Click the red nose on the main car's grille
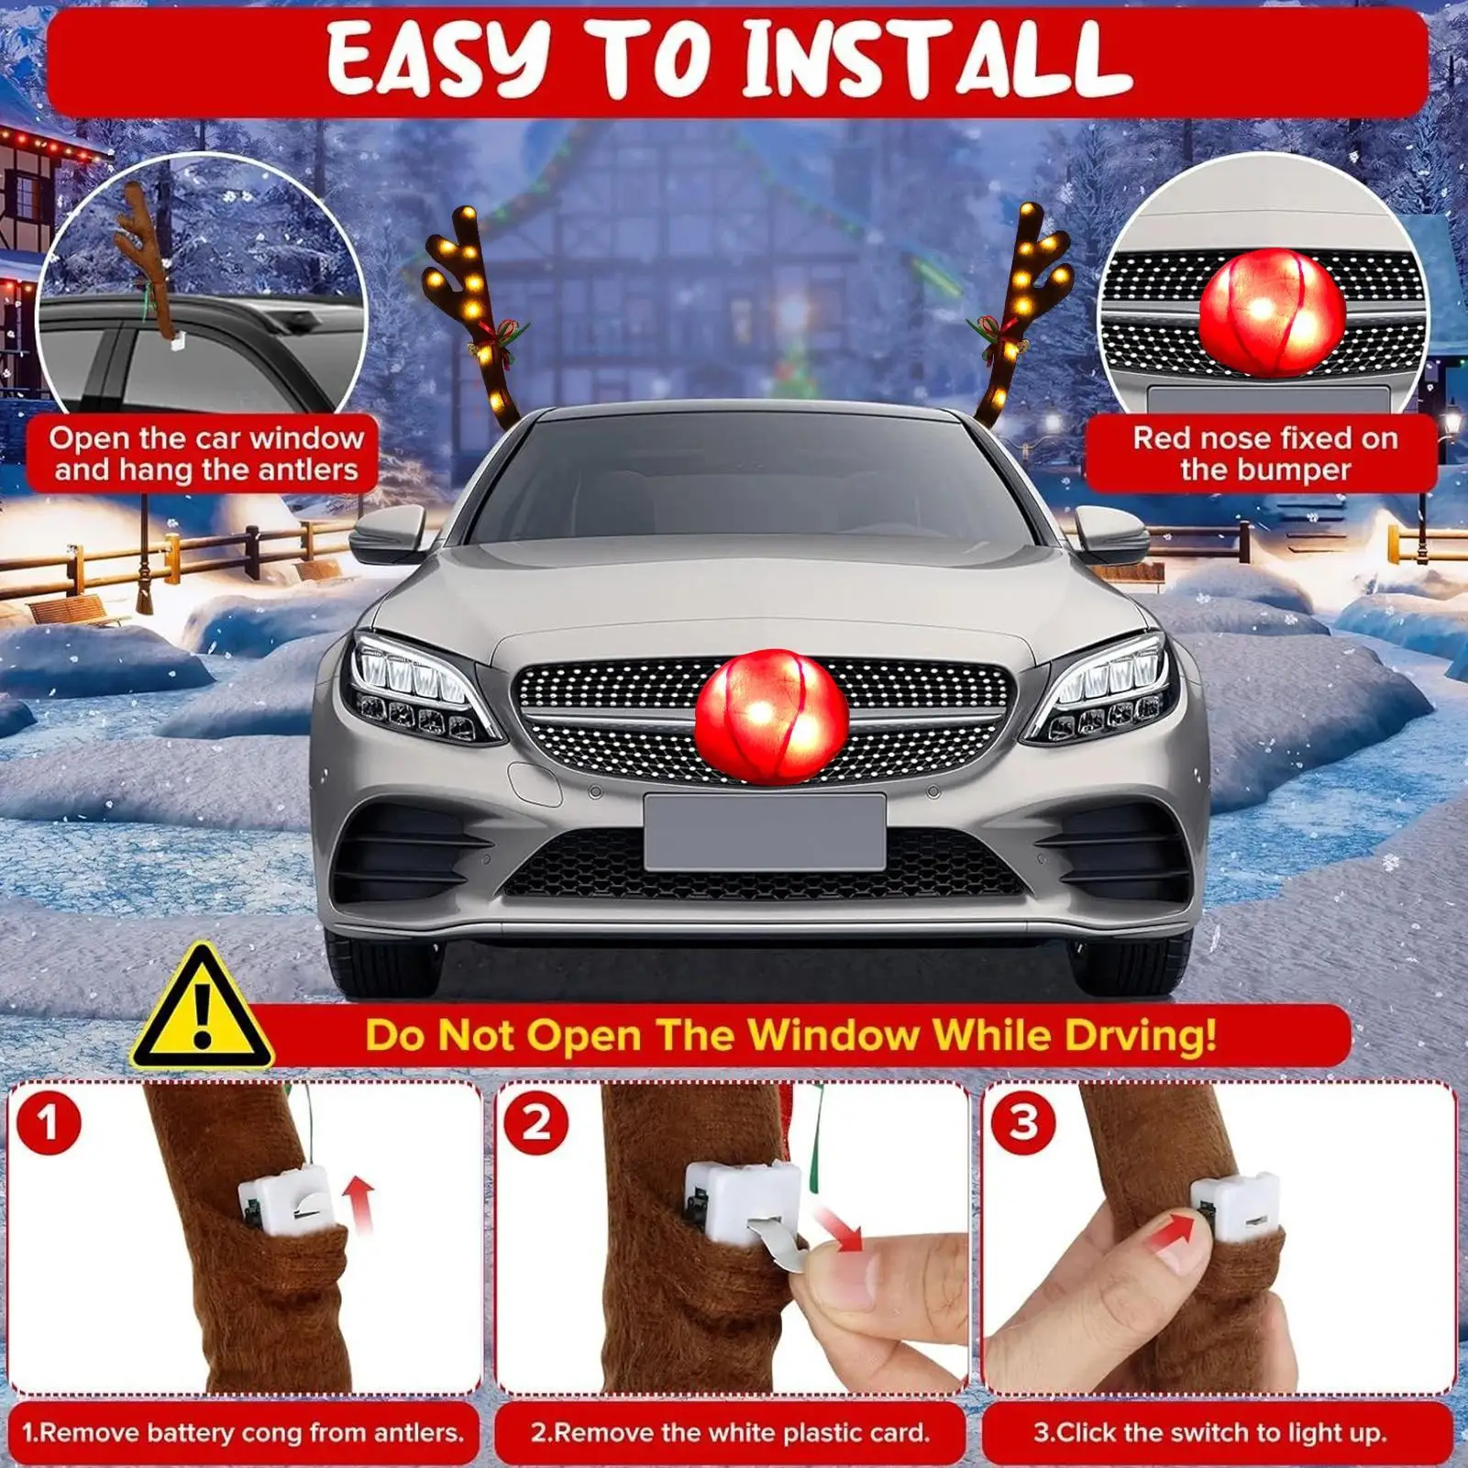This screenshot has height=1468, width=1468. click(x=771, y=716)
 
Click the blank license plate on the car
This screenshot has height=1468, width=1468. click(x=765, y=832)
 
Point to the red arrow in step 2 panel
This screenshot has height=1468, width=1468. click(x=839, y=1229)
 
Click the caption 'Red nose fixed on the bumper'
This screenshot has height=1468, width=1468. click(x=1264, y=454)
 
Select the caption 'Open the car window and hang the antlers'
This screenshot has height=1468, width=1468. click(x=205, y=454)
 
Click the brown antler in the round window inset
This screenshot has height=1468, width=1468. click(x=147, y=257)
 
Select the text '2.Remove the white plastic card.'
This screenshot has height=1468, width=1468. click(x=730, y=1432)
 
